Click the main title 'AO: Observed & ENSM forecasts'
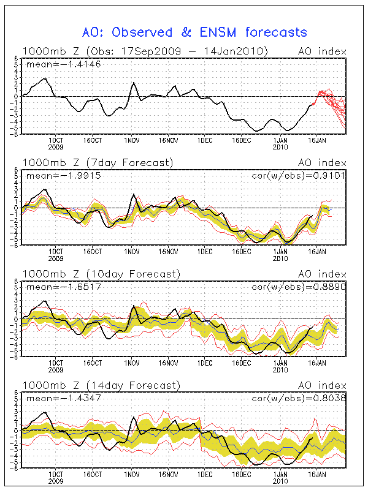195,32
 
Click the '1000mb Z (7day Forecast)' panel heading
98,163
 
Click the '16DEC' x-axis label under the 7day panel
242,252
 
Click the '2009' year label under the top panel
56,147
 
